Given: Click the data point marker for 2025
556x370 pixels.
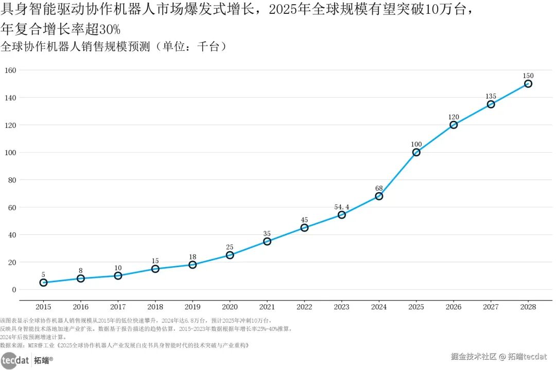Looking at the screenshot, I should (x=416, y=152).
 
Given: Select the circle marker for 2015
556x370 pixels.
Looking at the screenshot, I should (x=43, y=283).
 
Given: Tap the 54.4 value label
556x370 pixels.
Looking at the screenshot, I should (x=341, y=207).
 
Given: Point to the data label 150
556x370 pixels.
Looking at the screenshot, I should (x=528, y=76).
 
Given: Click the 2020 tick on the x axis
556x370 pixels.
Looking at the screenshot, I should (x=230, y=307).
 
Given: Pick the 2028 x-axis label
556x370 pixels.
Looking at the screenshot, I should (x=528, y=307).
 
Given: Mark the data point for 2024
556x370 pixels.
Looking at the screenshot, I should (x=379, y=196).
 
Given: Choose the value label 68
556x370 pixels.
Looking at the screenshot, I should (x=379, y=188).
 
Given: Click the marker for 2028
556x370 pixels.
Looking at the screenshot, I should (x=528, y=84).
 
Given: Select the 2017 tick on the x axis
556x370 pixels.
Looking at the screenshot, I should (x=118, y=307).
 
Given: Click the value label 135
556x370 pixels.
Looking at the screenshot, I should (x=491, y=96).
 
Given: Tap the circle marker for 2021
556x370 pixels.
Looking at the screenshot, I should (x=267, y=242).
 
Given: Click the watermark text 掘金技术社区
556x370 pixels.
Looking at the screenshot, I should (x=473, y=356).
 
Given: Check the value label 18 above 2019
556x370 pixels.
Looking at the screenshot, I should (x=193, y=256).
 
